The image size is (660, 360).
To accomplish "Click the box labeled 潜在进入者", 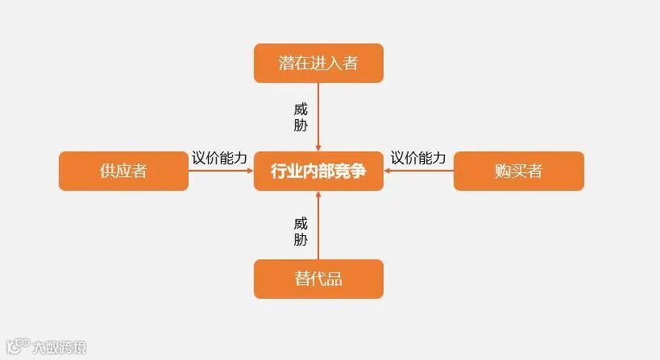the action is click(318, 63).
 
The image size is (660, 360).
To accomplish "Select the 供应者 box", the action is click(123, 171).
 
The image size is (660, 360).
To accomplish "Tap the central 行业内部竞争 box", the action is click(318, 171).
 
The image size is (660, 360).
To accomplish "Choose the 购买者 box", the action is click(518, 171).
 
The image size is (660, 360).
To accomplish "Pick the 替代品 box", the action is click(318, 279).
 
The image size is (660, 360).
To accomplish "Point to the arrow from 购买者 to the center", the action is click(418, 171).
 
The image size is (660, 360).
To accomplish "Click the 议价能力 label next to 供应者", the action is click(219, 158).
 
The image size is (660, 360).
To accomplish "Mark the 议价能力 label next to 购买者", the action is click(418, 158).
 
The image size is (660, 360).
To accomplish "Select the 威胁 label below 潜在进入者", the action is click(301, 117).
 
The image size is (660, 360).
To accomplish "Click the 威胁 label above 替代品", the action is click(301, 231).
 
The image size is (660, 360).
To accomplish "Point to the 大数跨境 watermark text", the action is click(59, 348).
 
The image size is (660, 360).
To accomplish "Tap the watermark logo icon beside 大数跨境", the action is click(17, 346).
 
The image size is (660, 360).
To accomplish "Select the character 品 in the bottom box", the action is click(334, 279).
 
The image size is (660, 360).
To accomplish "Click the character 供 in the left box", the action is click(108, 171).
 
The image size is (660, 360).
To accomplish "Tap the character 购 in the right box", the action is click(503, 171).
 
